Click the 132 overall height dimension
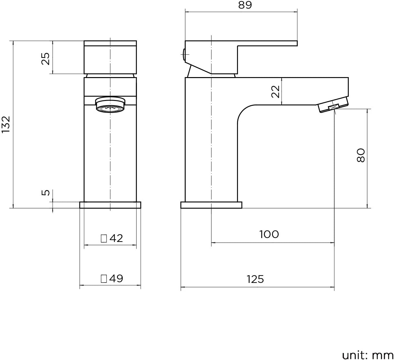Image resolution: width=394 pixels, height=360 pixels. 6,125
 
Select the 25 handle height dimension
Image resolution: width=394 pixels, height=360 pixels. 46,58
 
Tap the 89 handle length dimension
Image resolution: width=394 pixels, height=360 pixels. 245,5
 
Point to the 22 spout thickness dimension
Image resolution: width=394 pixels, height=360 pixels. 275,92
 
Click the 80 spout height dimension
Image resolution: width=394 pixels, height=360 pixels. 361,155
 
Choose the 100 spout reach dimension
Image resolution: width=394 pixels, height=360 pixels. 269,234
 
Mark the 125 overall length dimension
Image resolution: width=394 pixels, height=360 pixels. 255,279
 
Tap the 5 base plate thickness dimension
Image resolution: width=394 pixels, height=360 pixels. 46,193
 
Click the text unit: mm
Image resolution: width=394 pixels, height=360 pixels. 368,355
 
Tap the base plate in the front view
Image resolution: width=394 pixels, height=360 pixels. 110,205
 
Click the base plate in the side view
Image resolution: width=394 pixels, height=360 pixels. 211,205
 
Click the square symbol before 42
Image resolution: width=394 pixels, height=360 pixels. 104,238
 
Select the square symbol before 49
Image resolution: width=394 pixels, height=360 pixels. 104,278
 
